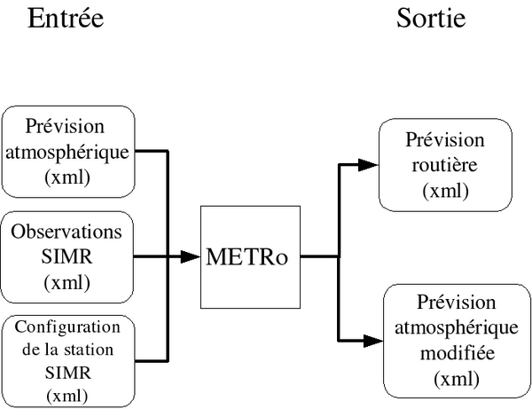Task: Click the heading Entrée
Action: pyautogui.click(x=66, y=18)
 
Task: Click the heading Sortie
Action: pyautogui.click(x=431, y=18)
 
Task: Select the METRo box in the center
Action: pyautogui.click(x=250, y=257)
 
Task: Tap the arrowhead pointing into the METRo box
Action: pyautogui.click(x=190, y=256)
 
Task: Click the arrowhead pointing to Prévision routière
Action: pyautogui.click(x=368, y=165)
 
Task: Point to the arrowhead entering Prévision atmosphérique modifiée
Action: pyautogui.click(x=373, y=341)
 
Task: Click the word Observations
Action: pyautogui.click(x=66, y=232)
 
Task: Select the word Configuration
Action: pyautogui.click(x=67, y=327)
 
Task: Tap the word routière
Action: pyautogui.click(x=445, y=165)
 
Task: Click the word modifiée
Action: pyautogui.click(x=457, y=353)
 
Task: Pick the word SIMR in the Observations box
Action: pyautogui.click(x=66, y=256)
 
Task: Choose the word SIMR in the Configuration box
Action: pyautogui.click(x=68, y=373)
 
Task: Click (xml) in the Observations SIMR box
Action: pyautogui.click(x=66, y=282)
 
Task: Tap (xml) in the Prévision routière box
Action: pyautogui.click(x=445, y=191)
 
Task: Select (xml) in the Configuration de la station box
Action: pyautogui.click(x=67, y=396)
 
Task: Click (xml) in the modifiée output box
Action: pyautogui.click(x=457, y=379)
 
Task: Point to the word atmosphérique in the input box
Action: pyautogui.click(x=67, y=153)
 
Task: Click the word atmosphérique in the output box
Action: pyautogui.click(x=457, y=328)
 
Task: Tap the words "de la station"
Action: pyautogui.click(x=67, y=350)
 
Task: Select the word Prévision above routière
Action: pyautogui.click(x=445, y=139)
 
